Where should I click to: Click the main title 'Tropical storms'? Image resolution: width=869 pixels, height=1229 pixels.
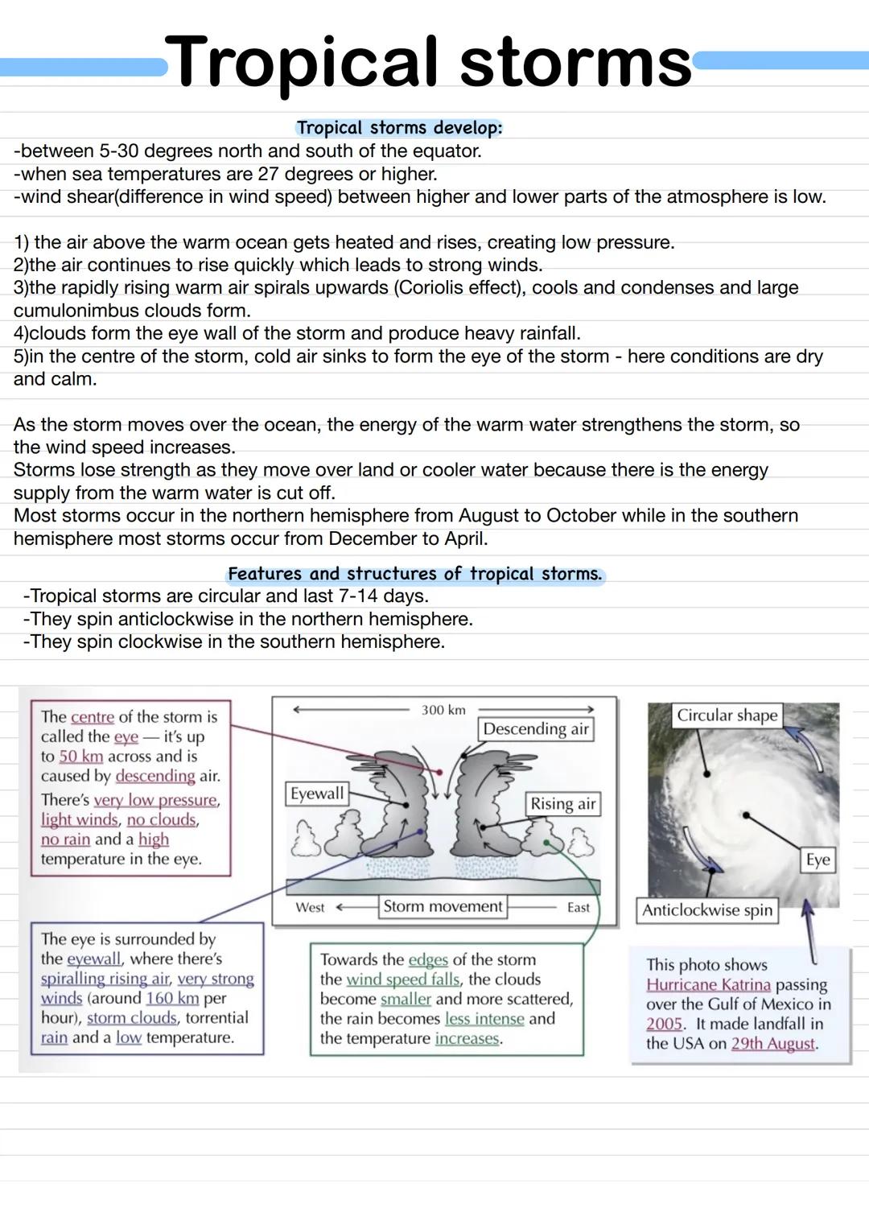pos(432,62)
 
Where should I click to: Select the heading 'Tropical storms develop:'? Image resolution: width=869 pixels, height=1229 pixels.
pos(399,128)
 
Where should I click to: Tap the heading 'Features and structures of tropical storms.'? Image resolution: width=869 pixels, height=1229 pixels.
pos(414,574)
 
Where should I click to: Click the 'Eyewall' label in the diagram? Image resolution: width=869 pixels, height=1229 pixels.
pos(317,794)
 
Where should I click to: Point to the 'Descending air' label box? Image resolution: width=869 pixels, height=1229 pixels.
pos(536,729)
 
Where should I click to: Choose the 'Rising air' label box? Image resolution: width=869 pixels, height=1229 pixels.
pos(562,804)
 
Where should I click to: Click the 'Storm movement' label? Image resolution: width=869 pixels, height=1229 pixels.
pos(443,906)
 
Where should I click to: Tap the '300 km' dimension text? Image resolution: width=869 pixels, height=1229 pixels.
pos(443,710)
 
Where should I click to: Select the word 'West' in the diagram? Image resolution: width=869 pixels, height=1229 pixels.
pos(310,908)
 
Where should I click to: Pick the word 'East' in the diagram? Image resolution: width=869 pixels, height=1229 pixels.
pos(578,908)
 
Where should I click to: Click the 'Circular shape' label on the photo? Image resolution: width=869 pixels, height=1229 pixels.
pos(727,716)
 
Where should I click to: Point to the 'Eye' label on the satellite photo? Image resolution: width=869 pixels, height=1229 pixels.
pos(818,860)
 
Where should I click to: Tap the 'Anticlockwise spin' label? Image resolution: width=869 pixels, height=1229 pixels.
pos(707,910)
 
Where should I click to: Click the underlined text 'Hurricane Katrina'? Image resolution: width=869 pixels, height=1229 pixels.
pos(708,984)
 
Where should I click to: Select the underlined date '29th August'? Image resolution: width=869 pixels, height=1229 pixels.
pos(773,1044)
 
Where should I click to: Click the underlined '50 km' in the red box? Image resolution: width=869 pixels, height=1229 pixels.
pos(81,757)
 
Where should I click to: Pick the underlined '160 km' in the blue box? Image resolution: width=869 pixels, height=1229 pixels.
pos(172,998)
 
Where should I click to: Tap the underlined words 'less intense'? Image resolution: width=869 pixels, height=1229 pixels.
pos(484,1019)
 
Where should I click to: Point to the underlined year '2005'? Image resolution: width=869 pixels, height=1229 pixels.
pos(664,1024)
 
